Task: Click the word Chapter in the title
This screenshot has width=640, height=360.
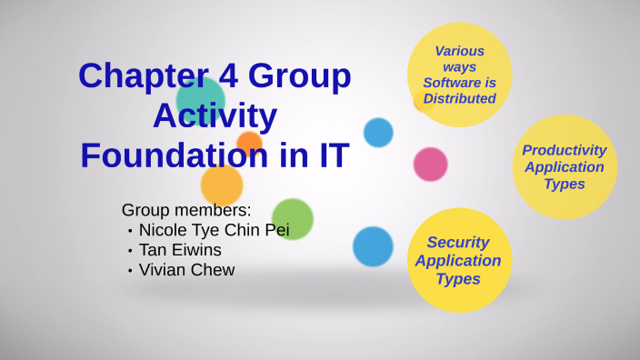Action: tap(133, 75)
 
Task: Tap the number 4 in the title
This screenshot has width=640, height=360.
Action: tap(228, 75)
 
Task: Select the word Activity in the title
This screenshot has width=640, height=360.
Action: tap(215, 115)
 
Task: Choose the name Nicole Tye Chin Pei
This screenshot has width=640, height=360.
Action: tap(214, 230)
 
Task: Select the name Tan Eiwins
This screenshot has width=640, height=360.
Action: tap(180, 250)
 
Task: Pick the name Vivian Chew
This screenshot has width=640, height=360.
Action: tap(186, 270)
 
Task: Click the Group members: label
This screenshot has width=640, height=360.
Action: tap(186, 210)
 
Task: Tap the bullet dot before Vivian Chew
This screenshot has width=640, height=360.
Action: tap(130, 271)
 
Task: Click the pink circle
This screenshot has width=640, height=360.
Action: tap(430, 165)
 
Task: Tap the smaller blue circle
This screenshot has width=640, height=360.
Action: tap(378, 133)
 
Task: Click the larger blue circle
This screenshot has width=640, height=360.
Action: tap(373, 246)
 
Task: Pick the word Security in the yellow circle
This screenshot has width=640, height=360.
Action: tap(458, 243)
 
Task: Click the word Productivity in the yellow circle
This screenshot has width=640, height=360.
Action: tap(564, 150)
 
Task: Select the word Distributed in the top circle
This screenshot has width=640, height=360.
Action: tap(459, 99)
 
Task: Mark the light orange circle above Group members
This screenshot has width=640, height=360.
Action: tap(221, 186)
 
